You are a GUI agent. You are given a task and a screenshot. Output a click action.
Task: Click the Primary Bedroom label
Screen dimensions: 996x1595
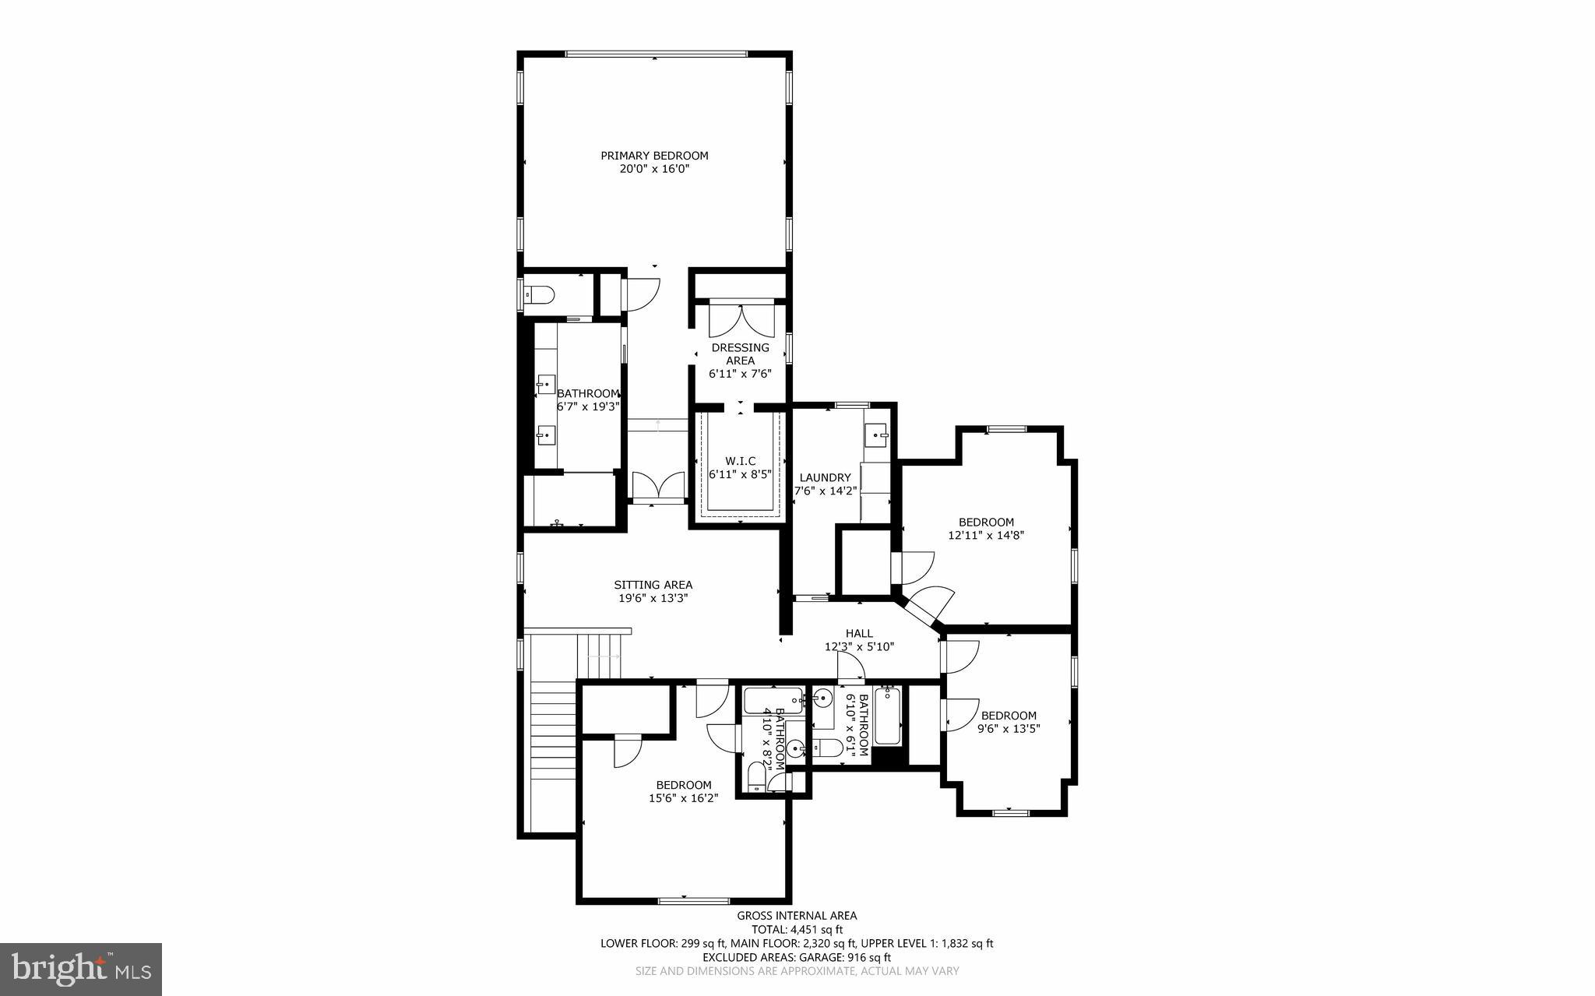[x=654, y=156]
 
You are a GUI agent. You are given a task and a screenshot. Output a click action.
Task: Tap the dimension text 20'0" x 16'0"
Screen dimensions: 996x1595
[x=654, y=169]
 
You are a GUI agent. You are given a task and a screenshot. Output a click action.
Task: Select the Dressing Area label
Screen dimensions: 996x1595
[x=740, y=354]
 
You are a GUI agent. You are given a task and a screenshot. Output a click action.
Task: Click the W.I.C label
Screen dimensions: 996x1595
[x=740, y=461]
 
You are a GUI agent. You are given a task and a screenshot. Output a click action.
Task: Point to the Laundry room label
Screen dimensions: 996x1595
[x=826, y=477]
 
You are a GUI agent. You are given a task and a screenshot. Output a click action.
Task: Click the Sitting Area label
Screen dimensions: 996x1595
[x=653, y=585]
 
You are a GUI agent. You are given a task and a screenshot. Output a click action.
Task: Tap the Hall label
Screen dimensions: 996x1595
[x=859, y=633]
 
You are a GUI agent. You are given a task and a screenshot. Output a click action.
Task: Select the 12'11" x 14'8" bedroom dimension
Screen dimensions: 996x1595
[x=986, y=536]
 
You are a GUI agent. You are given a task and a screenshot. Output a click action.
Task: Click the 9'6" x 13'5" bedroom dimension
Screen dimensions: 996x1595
[x=1009, y=729]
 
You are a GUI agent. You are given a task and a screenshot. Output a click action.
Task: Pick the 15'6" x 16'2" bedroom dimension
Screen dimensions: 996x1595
[x=683, y=798]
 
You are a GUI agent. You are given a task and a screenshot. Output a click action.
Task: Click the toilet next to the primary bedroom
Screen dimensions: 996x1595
[x=538, y=295]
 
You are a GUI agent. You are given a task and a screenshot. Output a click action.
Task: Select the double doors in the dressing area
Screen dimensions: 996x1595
[x=740, y=321]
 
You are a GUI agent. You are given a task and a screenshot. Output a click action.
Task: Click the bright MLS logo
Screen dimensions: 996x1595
[x=80, y=968]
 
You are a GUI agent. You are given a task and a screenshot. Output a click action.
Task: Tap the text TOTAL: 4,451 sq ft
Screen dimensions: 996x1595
[x=797, y=929]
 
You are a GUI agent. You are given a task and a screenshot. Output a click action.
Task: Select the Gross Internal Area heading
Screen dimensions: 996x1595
[x=797, y=916]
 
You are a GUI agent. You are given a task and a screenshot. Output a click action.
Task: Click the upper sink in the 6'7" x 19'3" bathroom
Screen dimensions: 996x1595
[x=546, y=384]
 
